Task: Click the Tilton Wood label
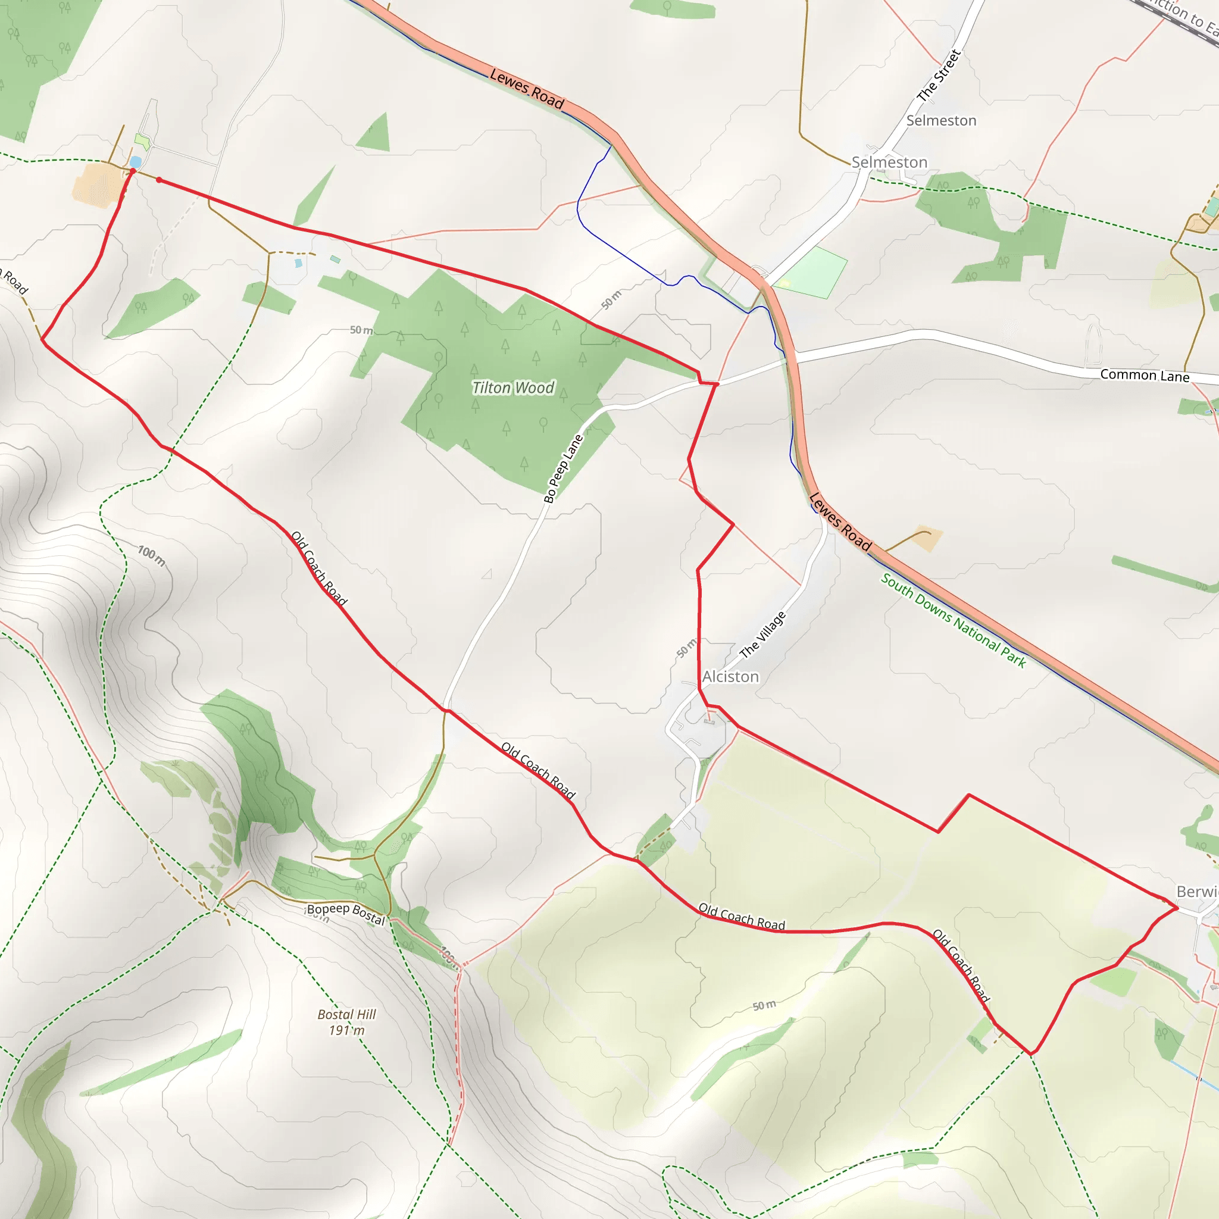point(513,387)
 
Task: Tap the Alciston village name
point(731,676)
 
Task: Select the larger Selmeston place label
point(889,162)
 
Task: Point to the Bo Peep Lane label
point(564,468)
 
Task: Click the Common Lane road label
point(1145,375)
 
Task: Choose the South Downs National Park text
point(954,620)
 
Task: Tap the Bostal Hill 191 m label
point(346,1022)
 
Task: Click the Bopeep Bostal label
point(346,913)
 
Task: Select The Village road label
point(763,634)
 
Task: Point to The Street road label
point(939,76)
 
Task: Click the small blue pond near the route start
point(135,162)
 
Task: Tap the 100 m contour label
point(151,556)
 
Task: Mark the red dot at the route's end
point(159,180)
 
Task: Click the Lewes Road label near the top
point(526,88)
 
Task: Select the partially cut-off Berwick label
point(1197,892)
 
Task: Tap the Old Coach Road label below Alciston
point(742,916)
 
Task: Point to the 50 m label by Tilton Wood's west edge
point(361,330)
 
